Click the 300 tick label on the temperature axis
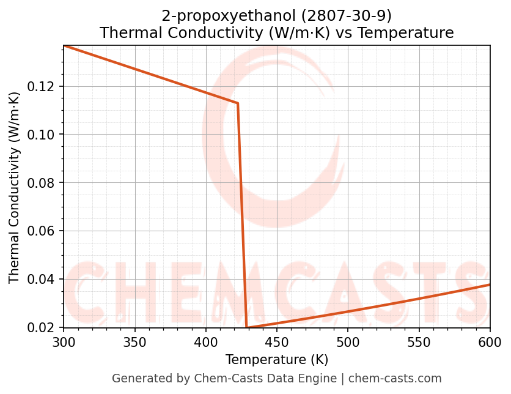(x=64, y=341)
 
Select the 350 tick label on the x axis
(x=134, y=341)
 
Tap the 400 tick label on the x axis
(x=205, y=341)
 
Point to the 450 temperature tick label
(x=276, y=341)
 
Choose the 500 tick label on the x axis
(x=348, y=341)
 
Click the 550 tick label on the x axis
(x=419, y=341)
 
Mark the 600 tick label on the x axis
(x=490, y=341)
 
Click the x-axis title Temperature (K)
(x=277, y=359)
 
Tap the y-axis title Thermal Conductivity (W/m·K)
(x=15, y=187)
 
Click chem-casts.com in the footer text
(x=395, y=379)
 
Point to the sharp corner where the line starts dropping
(x=237, y=103)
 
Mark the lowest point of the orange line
(x=246, y=327)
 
